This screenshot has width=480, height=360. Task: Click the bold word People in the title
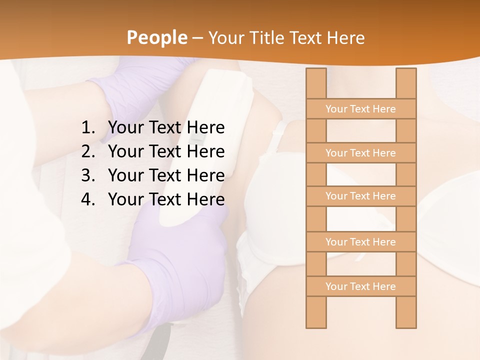[156, 37]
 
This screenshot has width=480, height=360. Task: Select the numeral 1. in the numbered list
[88, 128]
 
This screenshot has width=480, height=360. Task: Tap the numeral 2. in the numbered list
[88, 151]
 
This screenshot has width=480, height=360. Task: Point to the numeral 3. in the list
[88, 175]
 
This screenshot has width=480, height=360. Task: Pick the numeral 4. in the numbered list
[88, 199]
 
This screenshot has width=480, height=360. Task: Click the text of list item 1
[166, 128]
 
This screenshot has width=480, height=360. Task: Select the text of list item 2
[166, 151]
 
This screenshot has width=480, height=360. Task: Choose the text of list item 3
[166, 175]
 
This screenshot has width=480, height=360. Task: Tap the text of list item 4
[166, 199]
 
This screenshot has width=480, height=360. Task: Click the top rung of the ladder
[360, 109]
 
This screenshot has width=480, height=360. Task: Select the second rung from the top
[360, 153]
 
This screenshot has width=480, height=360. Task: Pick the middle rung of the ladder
[360, 196]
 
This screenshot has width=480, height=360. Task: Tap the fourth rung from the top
[360, 242]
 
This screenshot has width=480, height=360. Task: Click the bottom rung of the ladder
[360, 286]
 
